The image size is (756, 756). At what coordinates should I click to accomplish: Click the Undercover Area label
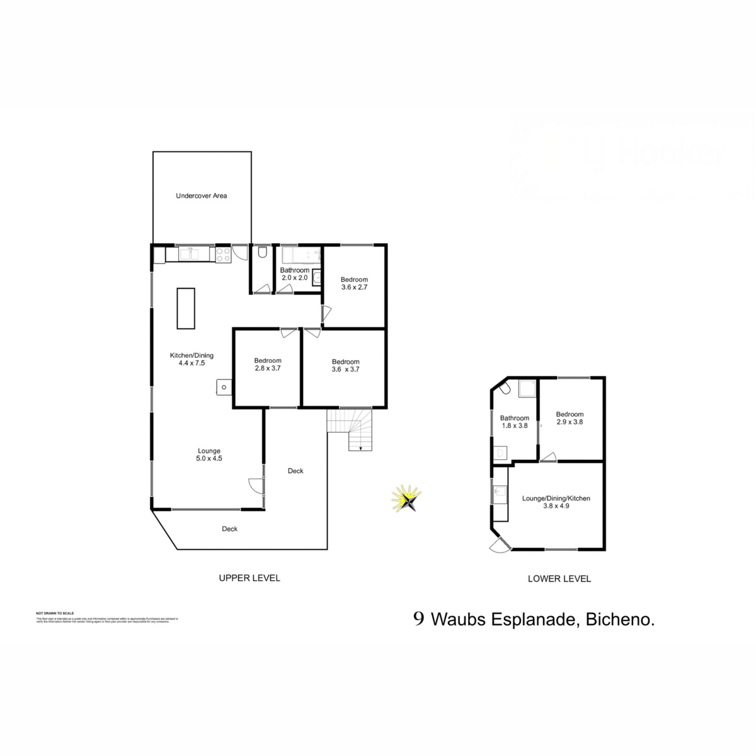[201, 196]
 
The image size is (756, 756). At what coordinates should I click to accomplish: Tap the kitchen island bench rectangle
[185, 308]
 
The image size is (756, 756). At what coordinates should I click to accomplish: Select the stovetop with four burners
[223, 254]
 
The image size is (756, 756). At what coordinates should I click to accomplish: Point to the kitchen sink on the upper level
[189, 254]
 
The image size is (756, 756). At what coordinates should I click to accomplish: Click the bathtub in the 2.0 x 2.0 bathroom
[301, 255]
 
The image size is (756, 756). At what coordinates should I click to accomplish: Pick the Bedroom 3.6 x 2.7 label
[354, 283]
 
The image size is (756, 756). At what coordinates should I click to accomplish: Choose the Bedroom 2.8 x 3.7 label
[268, 364]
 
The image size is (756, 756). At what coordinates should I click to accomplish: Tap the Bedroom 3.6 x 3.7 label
[345, 365]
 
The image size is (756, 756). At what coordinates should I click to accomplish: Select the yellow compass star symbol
[407, 500]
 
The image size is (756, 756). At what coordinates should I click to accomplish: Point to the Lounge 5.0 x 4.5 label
[209, 454]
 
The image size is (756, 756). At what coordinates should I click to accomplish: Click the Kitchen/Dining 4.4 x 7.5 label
[192, 359]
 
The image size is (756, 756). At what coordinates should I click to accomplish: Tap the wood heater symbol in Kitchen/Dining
[224, 387]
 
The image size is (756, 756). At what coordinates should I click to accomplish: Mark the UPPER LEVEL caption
[249, 578]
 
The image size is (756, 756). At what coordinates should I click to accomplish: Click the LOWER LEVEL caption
[559, 578]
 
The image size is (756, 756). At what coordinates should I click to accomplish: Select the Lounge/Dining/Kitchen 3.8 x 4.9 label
[556, 501]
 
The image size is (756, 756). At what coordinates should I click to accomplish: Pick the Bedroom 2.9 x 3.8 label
[570, 418]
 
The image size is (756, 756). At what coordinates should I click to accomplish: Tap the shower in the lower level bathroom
[527, 389]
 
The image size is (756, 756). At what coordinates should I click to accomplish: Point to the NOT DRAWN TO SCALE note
[55, 613]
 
